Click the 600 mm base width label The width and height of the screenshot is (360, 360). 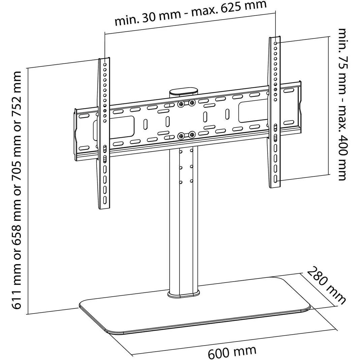(x=232, y=352)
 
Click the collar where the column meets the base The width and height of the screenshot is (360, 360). (x=184, y=294)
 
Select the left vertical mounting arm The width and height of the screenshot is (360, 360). (x=104, y=135)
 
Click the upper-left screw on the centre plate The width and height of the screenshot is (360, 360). (x=181, y=104)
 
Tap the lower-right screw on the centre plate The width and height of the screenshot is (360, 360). (x=192, y=135)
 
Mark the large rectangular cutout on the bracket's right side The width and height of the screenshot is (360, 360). (x=252, y=112)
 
